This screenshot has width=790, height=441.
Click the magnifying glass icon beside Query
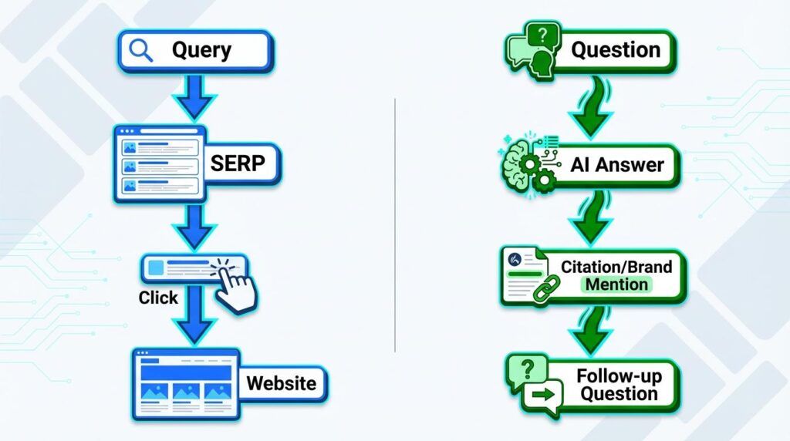(x=140, y=50)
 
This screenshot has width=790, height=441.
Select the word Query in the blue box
(x=201, y=50)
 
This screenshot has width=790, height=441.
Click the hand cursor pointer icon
(x=235, y=287)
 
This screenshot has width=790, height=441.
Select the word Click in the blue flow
(x=158, y=298)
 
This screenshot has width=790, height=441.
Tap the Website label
(x=281, y=383)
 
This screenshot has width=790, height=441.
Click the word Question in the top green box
(x=615, y=50)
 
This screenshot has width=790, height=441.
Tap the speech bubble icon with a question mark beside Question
(x=533, y=49)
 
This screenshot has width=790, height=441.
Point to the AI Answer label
(x=616, y=164)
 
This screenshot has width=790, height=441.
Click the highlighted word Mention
(x=616, y=284)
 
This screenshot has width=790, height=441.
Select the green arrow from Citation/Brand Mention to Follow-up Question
(x=592, y=327)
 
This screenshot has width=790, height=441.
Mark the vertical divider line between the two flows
(x=394, y=224)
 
